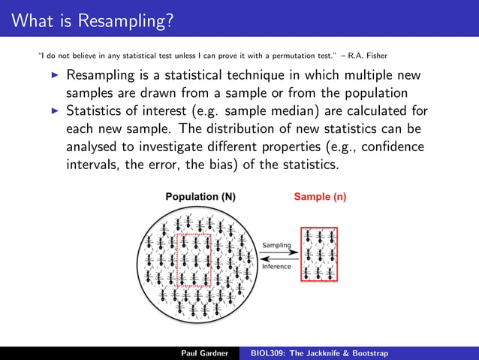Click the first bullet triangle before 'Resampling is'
54,76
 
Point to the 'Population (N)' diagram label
200,197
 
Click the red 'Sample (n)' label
320,197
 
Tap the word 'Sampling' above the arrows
276,245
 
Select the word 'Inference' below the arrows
276,267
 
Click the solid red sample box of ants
319,254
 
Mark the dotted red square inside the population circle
194,259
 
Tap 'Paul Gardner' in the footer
204,352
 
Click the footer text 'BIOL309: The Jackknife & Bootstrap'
324,352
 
